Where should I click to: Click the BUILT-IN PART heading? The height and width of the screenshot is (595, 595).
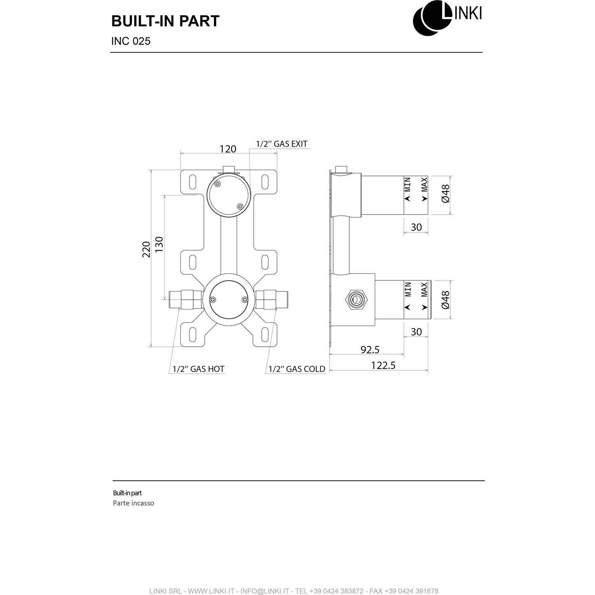pos(165,21)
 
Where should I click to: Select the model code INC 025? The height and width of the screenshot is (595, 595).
pos(131,41)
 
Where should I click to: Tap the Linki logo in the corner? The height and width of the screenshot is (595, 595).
pos(447,18)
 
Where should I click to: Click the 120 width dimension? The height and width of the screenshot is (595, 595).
pos(228,149)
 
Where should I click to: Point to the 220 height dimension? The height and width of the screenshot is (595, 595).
pos(146,250)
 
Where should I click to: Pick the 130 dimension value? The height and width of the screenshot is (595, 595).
pos(159,244)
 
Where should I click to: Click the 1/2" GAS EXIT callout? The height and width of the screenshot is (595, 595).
pos(282,144)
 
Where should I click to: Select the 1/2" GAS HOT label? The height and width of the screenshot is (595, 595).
pos(198,369)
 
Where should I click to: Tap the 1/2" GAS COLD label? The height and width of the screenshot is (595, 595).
pos(297,369)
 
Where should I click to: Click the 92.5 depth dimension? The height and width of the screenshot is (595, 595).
pos(370,350)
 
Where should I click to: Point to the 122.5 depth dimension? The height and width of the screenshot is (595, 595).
pos(383,365)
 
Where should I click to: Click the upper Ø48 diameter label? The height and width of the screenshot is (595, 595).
pos(445,194)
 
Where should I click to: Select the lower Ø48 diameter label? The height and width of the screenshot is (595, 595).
pos(445,300)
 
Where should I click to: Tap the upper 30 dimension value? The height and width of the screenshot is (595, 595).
pos(416,227)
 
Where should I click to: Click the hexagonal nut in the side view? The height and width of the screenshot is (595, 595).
pos(356,299)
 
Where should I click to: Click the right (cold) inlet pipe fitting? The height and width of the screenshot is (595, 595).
pos(272,299)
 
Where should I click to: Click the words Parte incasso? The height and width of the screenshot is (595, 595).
pos(133,503)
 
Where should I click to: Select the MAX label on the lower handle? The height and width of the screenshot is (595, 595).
pos(424,289)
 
